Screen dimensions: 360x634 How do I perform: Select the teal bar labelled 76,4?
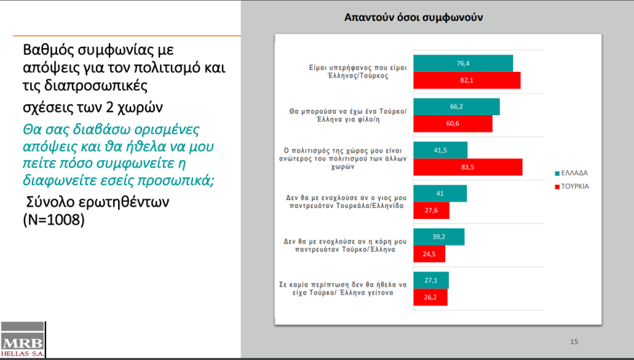pos(463,63)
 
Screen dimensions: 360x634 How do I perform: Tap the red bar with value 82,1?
pos(466,81)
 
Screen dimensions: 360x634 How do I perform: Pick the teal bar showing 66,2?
pos(456,107)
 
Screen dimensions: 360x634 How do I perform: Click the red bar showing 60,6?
pos(452,124)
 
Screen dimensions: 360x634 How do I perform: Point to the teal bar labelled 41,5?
pos(440,150)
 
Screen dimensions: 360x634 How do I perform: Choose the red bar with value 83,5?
pos(468,167)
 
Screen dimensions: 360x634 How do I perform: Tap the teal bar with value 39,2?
pos(438,237)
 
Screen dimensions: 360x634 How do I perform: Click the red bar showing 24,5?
pos(429,254)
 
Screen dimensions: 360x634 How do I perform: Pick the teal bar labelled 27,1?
pos(431,280)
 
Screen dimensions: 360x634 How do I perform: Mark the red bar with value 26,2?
pos(430,297)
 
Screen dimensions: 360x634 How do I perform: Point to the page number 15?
pos(574,341)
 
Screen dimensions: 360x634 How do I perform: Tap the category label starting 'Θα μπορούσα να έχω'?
pos(348,115)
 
